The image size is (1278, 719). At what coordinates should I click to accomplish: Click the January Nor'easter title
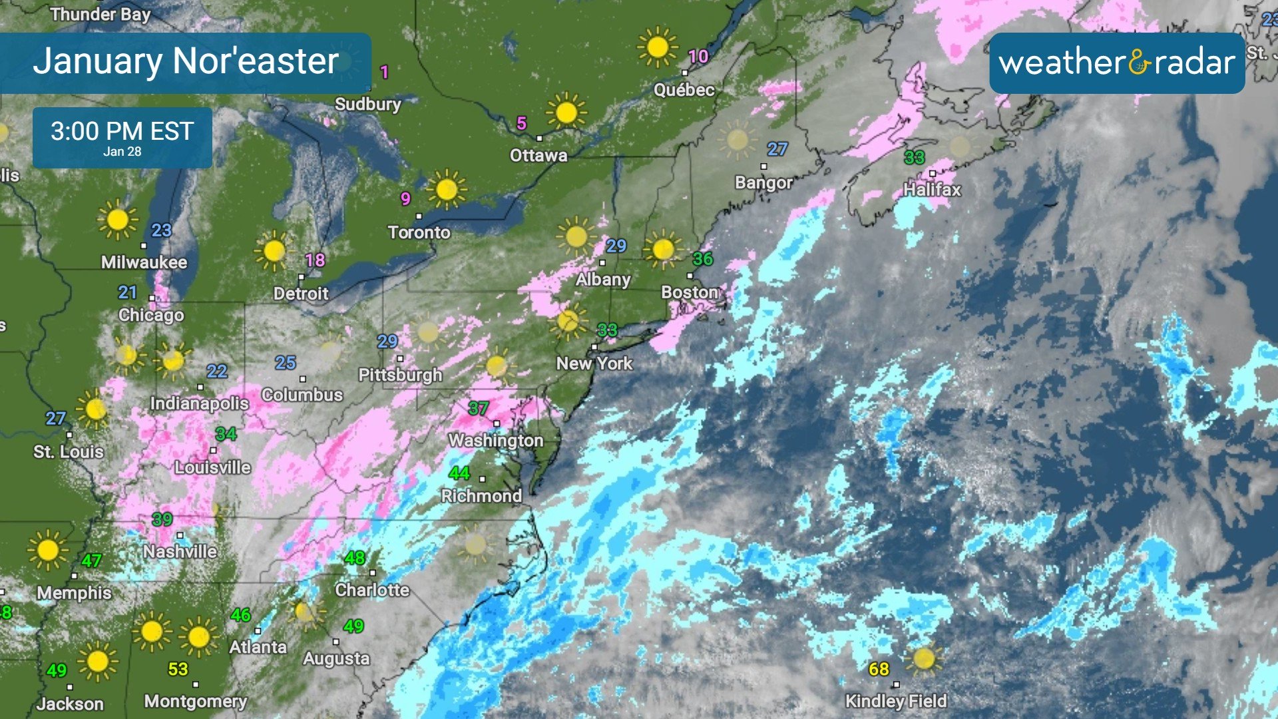(x=186, y=61)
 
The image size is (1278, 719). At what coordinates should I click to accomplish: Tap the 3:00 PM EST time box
(x=122, y=137)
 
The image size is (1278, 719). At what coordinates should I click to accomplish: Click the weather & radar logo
(x=1117, y=63)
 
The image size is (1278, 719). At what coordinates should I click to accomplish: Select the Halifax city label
(x=932, y=190)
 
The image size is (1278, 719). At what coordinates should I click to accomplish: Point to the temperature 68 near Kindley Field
(x=879, y=668)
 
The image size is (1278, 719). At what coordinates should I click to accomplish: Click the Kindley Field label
(x=895, y=701)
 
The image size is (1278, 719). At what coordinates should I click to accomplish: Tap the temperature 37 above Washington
(x=478, y=408)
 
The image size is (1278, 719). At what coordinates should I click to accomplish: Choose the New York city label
(x=594, y=363)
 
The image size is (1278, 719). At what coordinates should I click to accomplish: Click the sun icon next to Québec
(x=657, y=47)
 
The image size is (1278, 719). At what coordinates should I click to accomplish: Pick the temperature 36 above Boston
(x=702, y=258)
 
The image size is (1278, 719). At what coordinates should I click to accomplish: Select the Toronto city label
(x=419, y=232)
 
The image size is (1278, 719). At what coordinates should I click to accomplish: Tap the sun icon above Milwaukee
(x=117, y=219)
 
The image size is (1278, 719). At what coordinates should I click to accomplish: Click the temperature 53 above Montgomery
(x=178, y=668)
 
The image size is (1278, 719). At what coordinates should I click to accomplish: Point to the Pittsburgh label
(x=400, y=375)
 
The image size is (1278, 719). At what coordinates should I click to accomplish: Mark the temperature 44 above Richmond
(x=459, y=473)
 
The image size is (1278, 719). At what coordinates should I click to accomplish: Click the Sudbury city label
(x=368, y=104)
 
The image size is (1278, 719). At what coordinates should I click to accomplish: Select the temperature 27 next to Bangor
(x=777, y=149)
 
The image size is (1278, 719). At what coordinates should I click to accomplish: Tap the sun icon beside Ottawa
(x=566, y=112)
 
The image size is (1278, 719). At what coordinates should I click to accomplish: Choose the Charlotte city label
(x=372, y=590)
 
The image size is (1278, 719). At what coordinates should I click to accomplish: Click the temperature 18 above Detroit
(x=315, y=260)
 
